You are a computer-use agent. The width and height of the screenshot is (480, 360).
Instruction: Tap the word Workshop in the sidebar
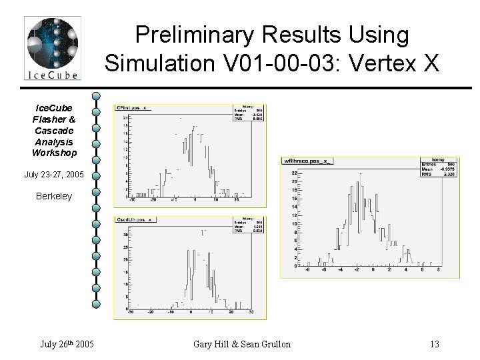click(x=54, y=153)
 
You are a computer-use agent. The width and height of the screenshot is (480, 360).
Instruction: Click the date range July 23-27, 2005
click(x=54, y=175)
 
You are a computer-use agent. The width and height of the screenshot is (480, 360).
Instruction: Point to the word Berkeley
click(x=54, y=197)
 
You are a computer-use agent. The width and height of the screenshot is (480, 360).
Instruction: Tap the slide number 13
click(x=435, y=344)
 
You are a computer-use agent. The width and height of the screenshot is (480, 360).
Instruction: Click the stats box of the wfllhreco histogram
click(x=440, y=169)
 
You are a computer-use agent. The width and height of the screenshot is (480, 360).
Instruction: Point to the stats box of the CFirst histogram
click(x=249, y=113)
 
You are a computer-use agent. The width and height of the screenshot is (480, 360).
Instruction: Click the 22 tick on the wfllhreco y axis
click(x=292, y=173)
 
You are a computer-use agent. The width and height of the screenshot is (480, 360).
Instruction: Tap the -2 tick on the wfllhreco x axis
click(x=357, y=271)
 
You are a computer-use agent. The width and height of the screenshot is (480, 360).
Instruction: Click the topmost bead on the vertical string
click(x=97, y=97)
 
